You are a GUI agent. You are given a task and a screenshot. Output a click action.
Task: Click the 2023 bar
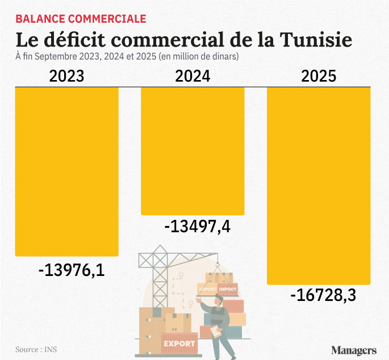[66, 170]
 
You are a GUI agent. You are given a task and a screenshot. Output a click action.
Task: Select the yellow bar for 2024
[193, 150]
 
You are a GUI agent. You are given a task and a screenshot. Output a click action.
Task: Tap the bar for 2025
[319, 185]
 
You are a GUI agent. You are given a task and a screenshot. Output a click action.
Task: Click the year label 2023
[66, 77]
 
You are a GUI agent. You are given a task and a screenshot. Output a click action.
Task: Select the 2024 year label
[193, 77]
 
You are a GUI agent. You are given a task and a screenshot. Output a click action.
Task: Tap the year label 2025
[319, 77]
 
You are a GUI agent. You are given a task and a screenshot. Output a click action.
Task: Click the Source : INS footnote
[32, 349]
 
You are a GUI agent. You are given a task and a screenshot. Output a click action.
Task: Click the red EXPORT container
[179, 343]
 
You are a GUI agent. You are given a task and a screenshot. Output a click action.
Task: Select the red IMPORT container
[227, 290]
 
